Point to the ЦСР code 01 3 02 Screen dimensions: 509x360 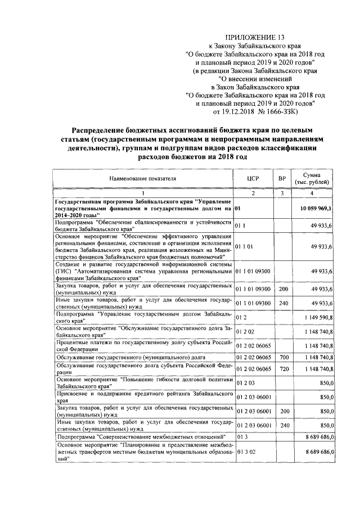coord(245,451)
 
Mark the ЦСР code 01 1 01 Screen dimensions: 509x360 coord(245,246)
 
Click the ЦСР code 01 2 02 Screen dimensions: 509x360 coord(245,332)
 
